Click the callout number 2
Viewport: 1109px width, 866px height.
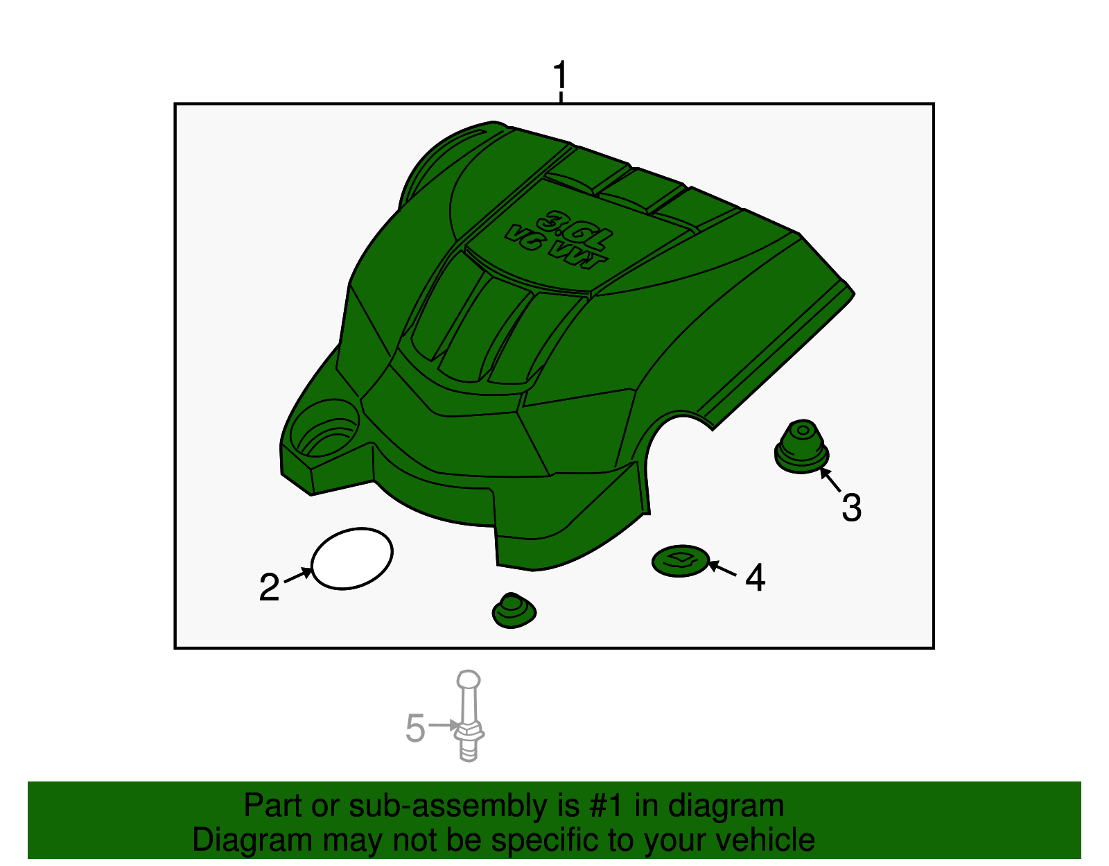(x=269, y=588)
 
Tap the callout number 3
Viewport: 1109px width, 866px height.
(x=851, y=508)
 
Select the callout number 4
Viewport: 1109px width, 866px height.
(x=755, y=578)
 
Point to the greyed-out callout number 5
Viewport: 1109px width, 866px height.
(x=415, y=728)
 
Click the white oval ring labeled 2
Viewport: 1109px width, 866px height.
(x=352, y=559)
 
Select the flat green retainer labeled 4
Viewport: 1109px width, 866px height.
(x=681, y=560)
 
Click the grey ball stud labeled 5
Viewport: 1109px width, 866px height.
(x=469, y=716)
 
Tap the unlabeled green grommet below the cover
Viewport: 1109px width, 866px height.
(x=514, y=611)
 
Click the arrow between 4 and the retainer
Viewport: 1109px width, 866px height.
(x=722, y=569)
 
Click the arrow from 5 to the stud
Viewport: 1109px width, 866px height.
(x=443, y=725)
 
